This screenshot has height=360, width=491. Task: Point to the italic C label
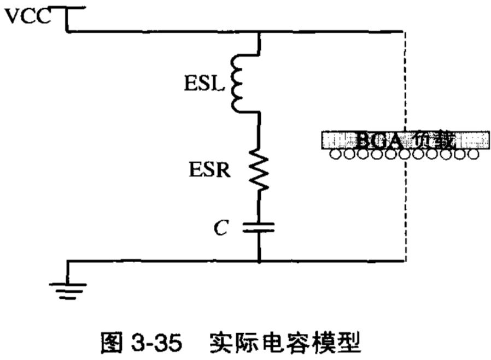point(220,229)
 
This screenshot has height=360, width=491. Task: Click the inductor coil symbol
point(239,82)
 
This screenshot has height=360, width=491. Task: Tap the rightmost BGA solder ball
point(474,155)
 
